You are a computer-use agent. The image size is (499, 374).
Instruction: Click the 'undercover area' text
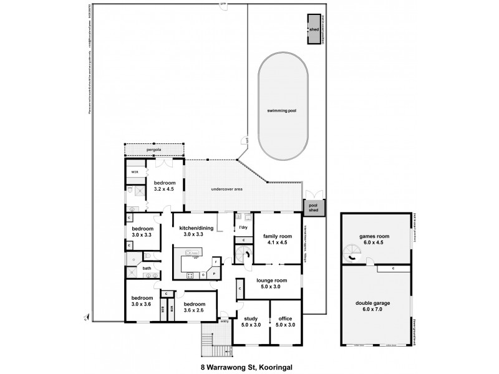[226, 188]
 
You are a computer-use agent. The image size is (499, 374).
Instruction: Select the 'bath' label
[147, 269]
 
